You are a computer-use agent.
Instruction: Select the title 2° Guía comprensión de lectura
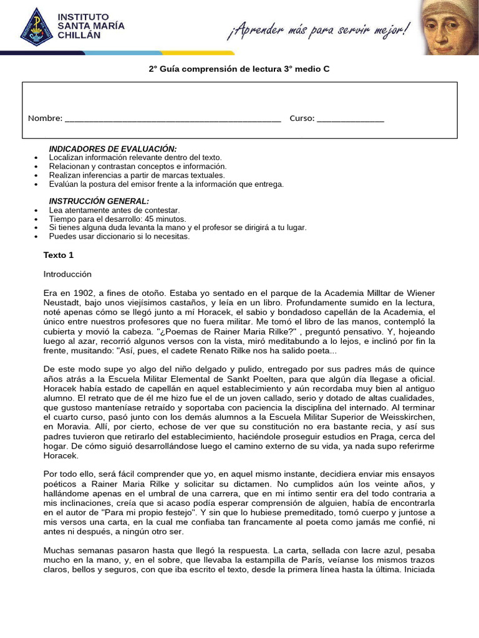239,69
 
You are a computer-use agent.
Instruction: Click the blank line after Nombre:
173,118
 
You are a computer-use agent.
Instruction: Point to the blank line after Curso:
351,118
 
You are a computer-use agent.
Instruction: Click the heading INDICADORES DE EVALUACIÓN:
113,149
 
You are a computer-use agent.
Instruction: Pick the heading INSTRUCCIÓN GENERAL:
99,201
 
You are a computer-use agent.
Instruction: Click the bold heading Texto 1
59,255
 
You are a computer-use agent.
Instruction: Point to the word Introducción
67,274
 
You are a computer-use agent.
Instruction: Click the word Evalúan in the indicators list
63,184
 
